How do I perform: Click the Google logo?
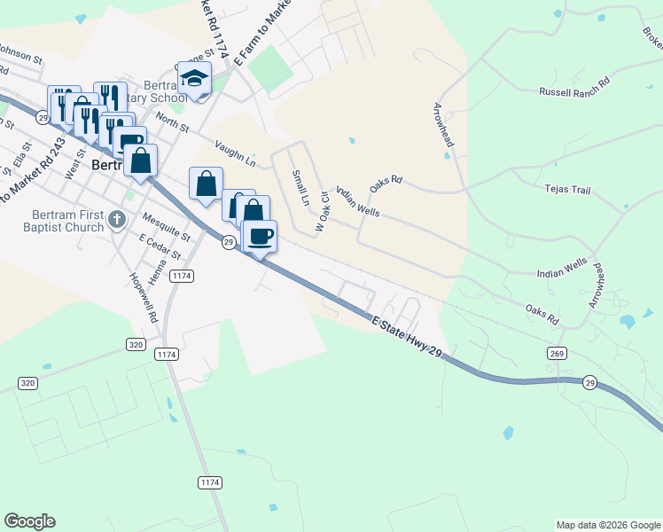pyautogui.click(x=29, y=521)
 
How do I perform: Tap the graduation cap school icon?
pyautogui.click(x=193, y=80)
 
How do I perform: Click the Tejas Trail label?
pyautogui.click(x=567, y=189)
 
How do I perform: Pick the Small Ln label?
pyautogui.click(x=300, y=187)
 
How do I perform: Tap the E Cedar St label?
pyautogui.click(x=160, y=247)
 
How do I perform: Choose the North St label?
pyautogui.click(x=172, y=121)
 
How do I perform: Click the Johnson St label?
pyautogui.click(x=19, y=55)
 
